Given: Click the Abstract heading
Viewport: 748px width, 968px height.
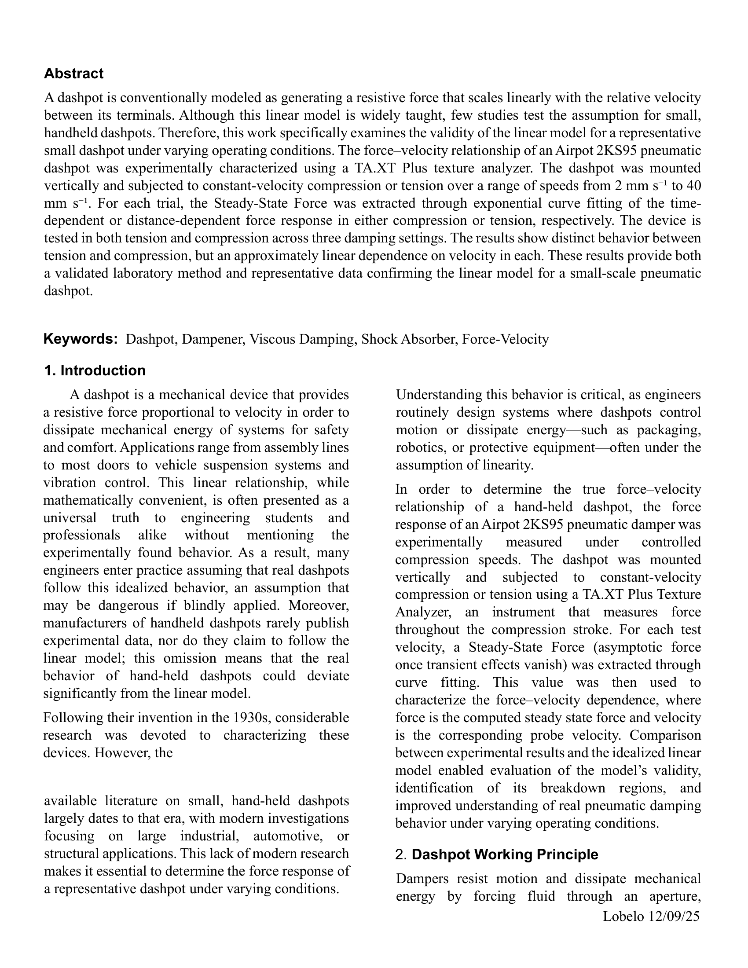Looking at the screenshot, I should (73, 73).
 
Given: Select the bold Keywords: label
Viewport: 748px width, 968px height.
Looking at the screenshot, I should (80, 339).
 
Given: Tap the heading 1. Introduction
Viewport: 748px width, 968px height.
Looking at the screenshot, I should (95, 370).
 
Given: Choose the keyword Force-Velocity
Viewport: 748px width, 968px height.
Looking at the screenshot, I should (505, 340).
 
